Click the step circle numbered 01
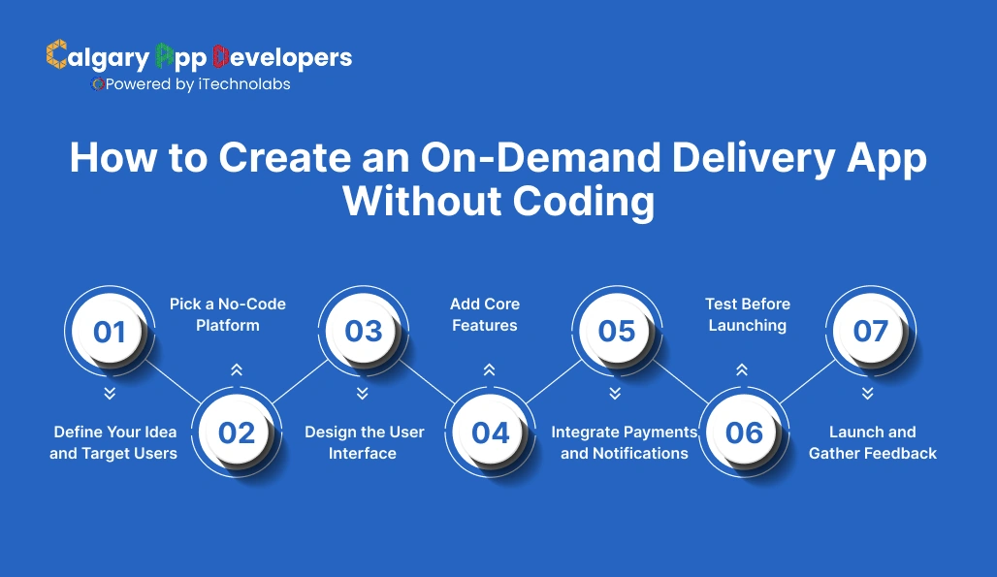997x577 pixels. click(x=110, y=332)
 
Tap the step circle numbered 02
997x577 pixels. click(x=237, y=433)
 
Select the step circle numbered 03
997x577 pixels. click(x=364, y=332)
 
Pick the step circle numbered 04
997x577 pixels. click(x=491, y=433)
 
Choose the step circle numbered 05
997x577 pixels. click(x=617, y=332)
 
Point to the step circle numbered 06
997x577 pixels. click(x=744, y=433)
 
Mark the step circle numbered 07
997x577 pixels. click(x=870, y=332)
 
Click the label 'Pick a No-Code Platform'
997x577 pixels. click(x=228, y=315)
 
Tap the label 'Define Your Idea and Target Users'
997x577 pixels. click(x=113, y=442)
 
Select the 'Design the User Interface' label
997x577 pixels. click(x=364, y=442)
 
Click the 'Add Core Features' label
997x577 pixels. click(x=485, y=315)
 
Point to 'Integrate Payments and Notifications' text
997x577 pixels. click(x=625, y=442)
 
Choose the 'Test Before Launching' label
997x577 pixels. click(x=747, y=315)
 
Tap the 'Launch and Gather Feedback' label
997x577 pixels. click(x=873, y=442)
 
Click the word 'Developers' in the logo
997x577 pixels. click(x=282, y=57)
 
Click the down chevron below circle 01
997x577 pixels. click(x=110, y=393)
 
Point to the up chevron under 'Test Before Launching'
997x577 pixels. click(x=742, y=369)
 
